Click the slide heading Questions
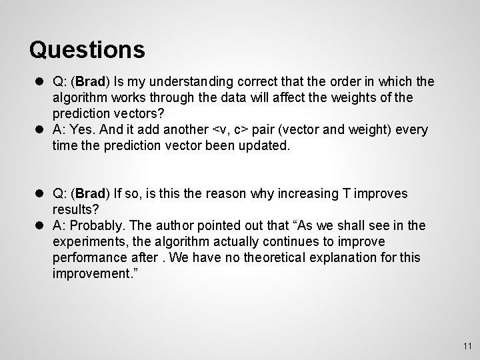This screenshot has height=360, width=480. (x=87, y=49)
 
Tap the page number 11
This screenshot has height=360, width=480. (x=467, y=345)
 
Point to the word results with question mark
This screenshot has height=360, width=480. (x=73, y=210)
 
